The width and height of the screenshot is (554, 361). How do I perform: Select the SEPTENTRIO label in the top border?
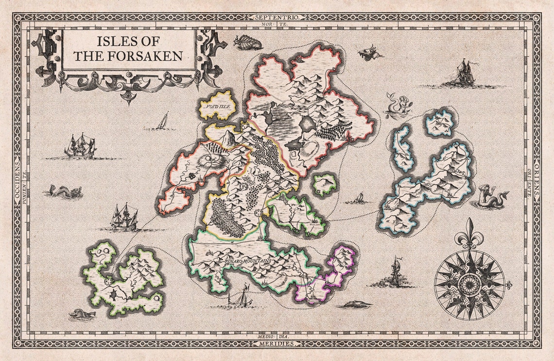point(277,17)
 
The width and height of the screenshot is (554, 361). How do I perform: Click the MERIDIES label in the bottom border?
point(277,344)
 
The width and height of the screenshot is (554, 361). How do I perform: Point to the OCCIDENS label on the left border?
point(17,181)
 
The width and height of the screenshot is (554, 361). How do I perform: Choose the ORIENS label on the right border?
point(537,181)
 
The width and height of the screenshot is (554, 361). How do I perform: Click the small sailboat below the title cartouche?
point(163,121)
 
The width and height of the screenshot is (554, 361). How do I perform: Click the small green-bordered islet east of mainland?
point(324,184)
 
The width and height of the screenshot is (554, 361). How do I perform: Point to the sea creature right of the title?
point(247,43)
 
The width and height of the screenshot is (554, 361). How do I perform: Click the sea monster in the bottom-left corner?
point(81,315)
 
